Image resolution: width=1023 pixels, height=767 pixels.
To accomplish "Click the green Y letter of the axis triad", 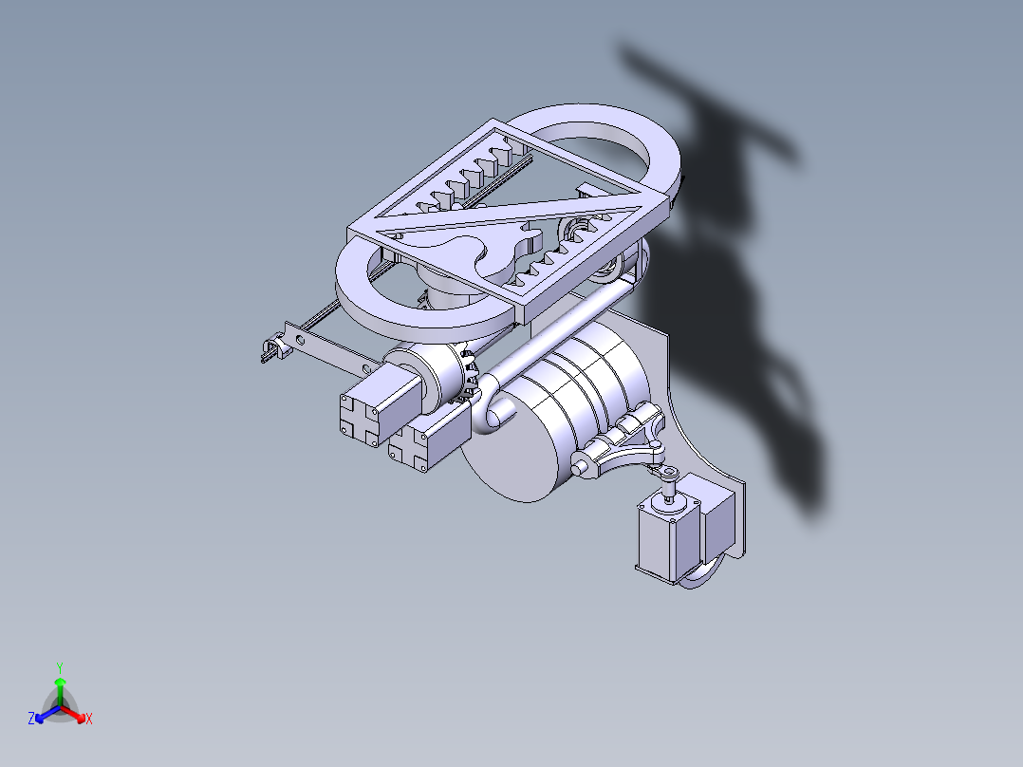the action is pos(60,667).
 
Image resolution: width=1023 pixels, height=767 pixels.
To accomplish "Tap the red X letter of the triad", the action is pos(89,720).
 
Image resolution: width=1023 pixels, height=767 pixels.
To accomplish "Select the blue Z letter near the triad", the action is pos(31,720).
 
